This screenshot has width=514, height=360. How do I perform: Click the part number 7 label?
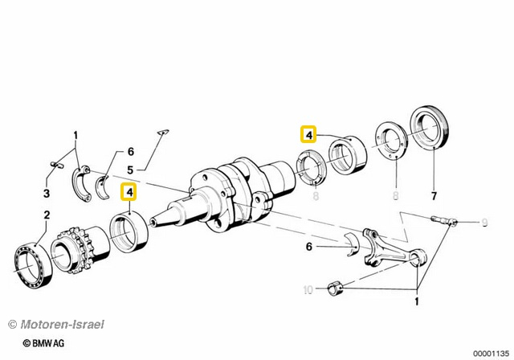434,196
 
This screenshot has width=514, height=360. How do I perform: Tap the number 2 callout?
47,215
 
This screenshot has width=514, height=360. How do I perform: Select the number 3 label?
47,194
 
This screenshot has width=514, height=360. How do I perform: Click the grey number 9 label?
483,222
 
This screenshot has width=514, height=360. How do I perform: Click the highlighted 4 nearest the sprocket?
128,192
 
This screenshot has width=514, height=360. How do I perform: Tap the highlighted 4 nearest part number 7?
308,134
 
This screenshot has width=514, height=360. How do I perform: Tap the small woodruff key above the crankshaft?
161,133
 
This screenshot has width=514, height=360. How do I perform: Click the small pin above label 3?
56,165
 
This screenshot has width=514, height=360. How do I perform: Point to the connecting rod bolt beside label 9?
444,219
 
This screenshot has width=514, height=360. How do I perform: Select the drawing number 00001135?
490,351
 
